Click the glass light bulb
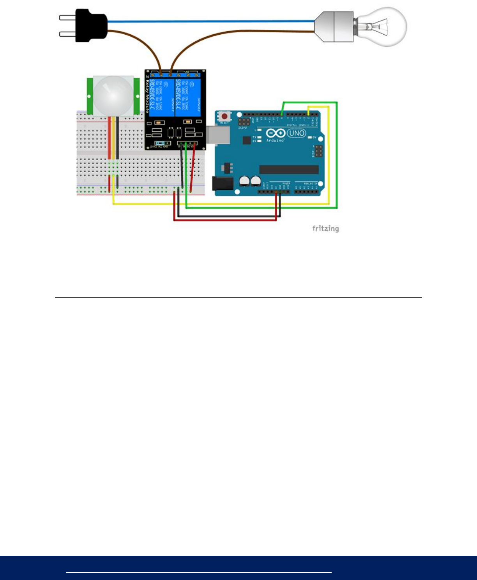[384, 27]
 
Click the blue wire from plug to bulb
[210, 21]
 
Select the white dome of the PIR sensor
[113, 94]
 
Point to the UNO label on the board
[297, 133]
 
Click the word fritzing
[325, 228]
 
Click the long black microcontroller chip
[289, 169]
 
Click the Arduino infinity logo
[276, 133]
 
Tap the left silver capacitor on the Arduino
[245, 181]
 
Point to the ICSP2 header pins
[244, 122]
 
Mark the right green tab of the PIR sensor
[136, 94]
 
